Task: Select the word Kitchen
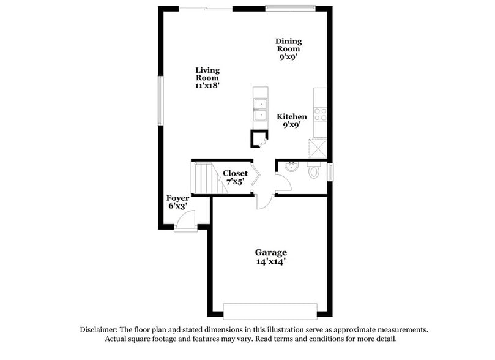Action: tap(292, 116)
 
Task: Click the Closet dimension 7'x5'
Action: tap(235, 182)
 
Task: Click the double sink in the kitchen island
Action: tap(261, 108)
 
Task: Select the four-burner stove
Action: tap(321, 114)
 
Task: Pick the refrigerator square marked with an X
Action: tap(319, 148)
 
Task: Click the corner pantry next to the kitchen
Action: tap(259, 140)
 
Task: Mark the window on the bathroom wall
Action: tap(330, 172)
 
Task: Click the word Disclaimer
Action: tap(100, 329)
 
